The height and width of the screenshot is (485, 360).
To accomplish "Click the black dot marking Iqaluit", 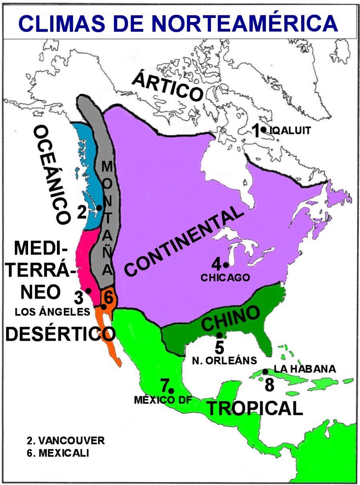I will click(263, 129).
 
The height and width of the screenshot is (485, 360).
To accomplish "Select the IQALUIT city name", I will click(290, 131).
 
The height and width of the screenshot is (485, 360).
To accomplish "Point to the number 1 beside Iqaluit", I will click(255, 131).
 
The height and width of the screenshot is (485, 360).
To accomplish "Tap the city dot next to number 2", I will click(99, 208).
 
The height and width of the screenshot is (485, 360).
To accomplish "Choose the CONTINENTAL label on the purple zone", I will click(184, 243).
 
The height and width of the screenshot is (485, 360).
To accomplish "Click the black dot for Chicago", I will click(226, 265).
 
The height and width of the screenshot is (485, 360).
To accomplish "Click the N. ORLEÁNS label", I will click(224, 360).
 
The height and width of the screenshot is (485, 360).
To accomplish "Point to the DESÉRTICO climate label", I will click(60, 333).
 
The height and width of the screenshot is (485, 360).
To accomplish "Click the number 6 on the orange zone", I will click(108, 297).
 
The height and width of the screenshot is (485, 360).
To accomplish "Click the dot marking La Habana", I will click(265, 372).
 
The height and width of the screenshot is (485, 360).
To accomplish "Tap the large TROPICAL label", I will click(254, 408).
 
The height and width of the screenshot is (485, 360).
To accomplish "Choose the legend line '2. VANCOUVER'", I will click(66, 441).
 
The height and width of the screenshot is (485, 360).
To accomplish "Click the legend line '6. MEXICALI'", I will click(58, 453).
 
